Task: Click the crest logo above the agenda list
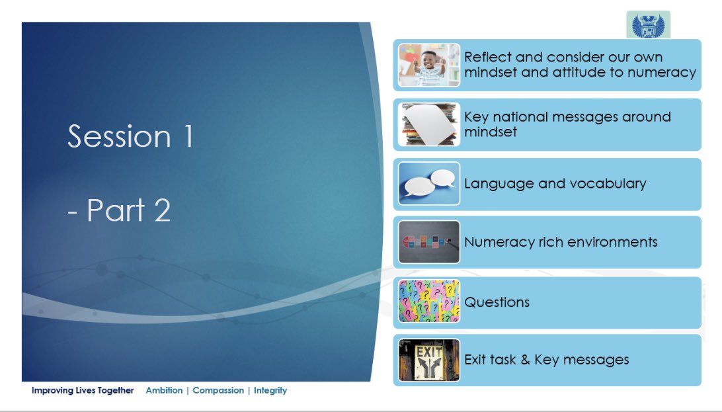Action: click(x=649, y=25)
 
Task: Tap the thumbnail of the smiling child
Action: click(x=428, y=65)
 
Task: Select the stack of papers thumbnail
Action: click(x=428, y=124)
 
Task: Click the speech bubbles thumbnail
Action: click(x=428, y=183)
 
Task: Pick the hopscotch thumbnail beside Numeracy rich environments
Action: click(x=428, y=242)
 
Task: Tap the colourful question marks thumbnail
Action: click(x=428, y=301)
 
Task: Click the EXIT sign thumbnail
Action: click(x=428, y=360)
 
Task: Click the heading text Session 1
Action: click(x=130, y=136)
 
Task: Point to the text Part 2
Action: click(x=128, y=210)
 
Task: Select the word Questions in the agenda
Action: click(x=497, y=302)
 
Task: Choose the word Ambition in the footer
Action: click(x=165, y=390)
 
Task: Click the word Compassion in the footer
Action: click(x=218, y=390)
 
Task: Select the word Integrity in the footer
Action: click(x=270, y=391)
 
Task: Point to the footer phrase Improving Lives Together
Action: click(x=83, y=390)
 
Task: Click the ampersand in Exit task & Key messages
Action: click(x=526, y=360)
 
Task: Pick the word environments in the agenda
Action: click(x=613, y=242)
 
